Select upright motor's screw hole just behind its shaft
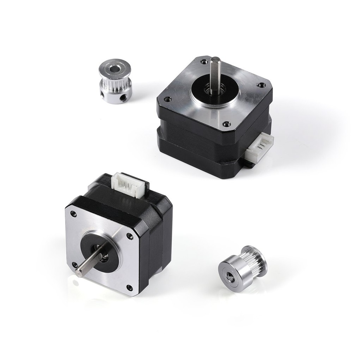pyautogui.click(x=204, y=61)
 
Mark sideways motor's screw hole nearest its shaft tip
pyautogui.click(x=75, y=264)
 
